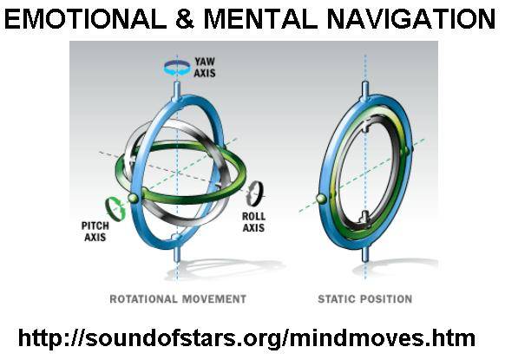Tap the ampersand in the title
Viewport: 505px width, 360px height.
(x=185, y=19)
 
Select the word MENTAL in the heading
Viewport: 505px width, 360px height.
(x=260, y=19)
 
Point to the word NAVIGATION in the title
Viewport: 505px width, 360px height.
(x=411, y=19)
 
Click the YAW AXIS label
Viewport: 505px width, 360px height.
(x=205, y=67)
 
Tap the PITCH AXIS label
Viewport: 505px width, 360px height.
(x=95, y=232)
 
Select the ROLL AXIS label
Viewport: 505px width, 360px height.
(x=253, y=222)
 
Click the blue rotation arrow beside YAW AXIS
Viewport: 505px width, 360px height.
(x=177, y=68)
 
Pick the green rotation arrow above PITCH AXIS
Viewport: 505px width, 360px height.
(x=115, y=209)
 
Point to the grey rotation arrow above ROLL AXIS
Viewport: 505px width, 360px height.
(x=255, y=193)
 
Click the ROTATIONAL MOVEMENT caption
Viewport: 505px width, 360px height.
(x=178, y=298)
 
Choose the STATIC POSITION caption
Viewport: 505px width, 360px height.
(x=365, y=298)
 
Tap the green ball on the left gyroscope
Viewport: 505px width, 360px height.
(x=134, y=198)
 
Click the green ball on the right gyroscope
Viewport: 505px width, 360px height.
(x=321, y=199)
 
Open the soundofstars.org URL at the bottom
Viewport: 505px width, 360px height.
(x=246, y=337)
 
